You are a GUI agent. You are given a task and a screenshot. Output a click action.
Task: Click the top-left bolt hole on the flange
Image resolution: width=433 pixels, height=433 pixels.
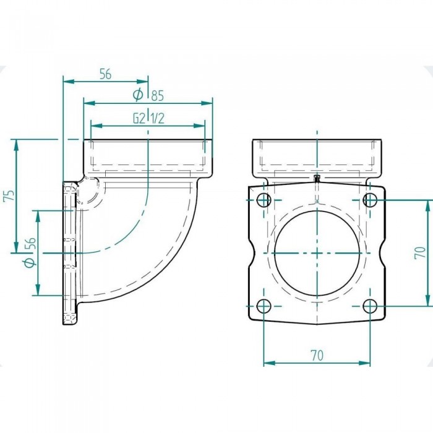tap(264, 200)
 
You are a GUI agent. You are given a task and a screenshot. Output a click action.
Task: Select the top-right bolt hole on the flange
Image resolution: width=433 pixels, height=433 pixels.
tap(370, 200)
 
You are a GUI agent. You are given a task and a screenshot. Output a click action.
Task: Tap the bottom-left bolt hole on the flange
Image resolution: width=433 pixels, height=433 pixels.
tap(264, 306)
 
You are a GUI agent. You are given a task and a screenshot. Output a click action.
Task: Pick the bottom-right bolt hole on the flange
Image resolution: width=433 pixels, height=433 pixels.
tap(370, 306)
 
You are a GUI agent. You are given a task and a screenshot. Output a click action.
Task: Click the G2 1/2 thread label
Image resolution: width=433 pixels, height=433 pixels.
tap(149, 119)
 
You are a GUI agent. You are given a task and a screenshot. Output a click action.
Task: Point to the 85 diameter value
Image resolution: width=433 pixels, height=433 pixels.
tap(157, 95)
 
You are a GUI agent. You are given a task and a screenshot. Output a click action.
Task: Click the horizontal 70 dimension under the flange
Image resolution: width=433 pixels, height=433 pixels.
tap(317, 356)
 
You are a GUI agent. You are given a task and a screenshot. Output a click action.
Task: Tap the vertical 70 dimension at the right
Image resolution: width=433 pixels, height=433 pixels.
tap(420, 252)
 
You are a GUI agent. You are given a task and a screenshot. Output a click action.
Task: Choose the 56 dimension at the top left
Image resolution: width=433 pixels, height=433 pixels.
tap(105, 74)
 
